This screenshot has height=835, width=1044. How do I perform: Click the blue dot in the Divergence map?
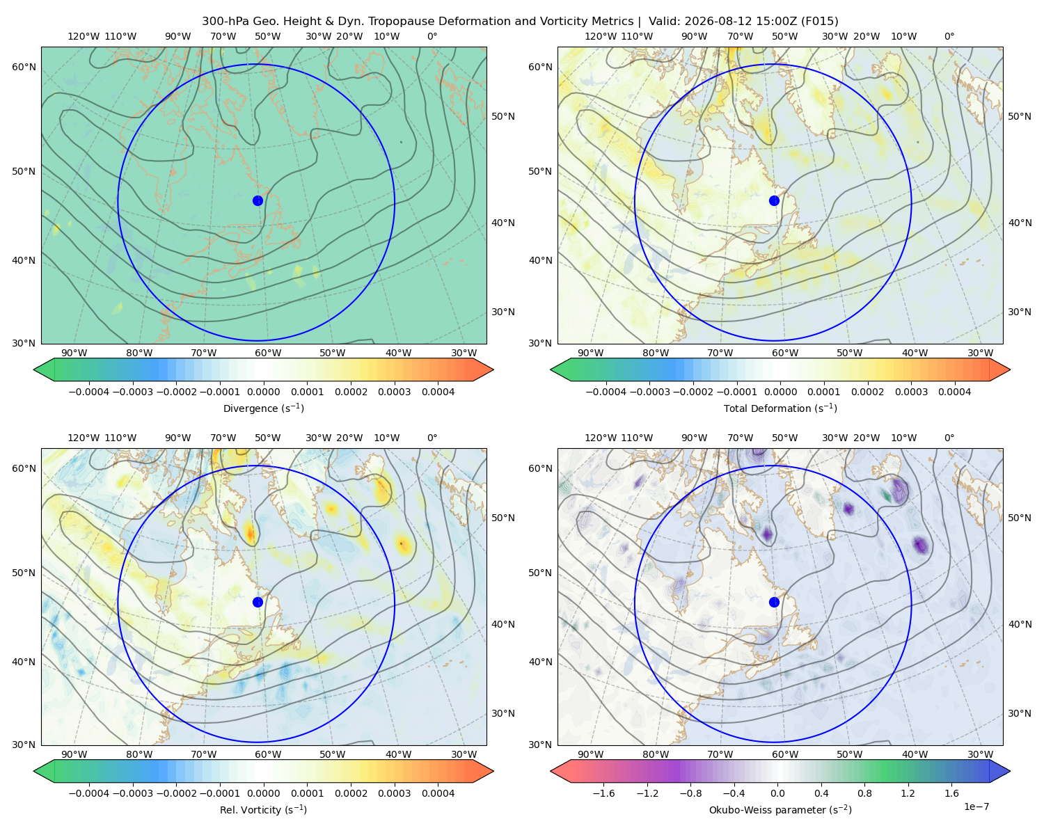pyautogui.click(x=258, y=201)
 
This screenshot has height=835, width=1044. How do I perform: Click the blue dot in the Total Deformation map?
pyautogui.click(x=774, y=201)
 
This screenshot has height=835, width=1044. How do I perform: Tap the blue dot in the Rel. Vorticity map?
pyautogui.click(x=258, y=602)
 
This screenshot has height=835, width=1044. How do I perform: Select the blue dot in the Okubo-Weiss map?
pyautogui.click(x=774, y=602)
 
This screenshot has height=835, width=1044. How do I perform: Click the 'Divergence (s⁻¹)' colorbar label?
pyautogui.click(x=263, y=408)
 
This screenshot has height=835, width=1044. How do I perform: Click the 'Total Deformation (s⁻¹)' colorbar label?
pyautogui.click(x=780, y=408)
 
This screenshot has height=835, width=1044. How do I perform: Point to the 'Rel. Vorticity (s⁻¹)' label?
pyautogui.click(x=263, y=810)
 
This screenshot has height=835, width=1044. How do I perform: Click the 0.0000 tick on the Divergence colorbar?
pyautogui.click(x=263, y=392)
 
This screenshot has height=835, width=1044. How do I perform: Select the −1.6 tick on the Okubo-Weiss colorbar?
pyautogui.click(x=603, y=793)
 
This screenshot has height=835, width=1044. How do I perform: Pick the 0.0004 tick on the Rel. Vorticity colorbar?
pyautogui.click(x=438, y=793)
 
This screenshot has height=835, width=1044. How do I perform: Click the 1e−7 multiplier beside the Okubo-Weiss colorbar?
pyautogui.click(x=976, y=807)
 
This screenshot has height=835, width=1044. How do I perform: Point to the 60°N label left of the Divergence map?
pyautogui.click(x=24, y=67)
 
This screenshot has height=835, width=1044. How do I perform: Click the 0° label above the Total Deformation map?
pyautogui.click(x=949, y=36)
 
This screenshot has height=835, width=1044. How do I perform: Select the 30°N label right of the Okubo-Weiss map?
pyautogui.click(x=1020, y=713)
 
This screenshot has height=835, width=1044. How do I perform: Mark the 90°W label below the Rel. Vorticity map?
pyautogui.click(x=74, y=754)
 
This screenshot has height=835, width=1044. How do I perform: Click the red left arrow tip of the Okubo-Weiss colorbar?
pyautogui.click(x=551, y=772)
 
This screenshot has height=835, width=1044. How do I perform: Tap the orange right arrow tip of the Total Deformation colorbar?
pyautogui.click(x=1010, y=369)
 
